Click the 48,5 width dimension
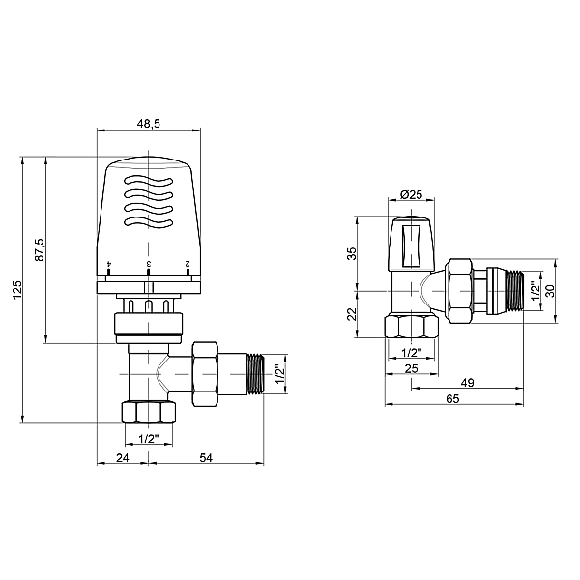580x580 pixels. pos(149,125)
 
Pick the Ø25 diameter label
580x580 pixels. pos(412,195)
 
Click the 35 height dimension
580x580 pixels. pos(353,252)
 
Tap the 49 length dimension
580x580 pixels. pos(468,383)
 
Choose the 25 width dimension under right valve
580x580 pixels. pos(412,368)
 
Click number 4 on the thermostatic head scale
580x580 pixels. pos(110,263)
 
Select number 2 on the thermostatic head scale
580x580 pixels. pos(187,263)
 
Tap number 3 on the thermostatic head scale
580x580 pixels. pos(148,263)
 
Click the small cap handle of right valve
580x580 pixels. pos(411,244)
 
